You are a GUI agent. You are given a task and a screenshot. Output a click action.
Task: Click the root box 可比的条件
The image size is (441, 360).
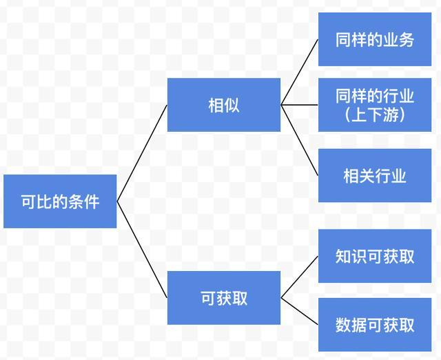[60, 201]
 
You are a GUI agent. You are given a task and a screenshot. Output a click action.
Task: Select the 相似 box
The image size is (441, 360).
[224, 105]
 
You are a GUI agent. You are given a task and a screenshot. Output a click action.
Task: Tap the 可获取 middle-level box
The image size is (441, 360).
[224, 298]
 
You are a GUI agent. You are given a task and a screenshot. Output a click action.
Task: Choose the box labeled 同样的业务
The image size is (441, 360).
[375, 39]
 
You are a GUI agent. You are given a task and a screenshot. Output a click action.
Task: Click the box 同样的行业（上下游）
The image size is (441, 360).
[375, 105]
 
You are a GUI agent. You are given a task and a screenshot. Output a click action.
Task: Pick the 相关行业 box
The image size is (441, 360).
[375, 175]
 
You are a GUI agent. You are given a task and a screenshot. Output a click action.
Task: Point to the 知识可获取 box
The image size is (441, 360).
[375, 256]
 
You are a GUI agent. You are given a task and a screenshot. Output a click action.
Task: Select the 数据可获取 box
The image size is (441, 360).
[375, 325]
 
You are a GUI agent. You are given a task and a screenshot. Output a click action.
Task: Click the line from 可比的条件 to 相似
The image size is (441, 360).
[142, 153]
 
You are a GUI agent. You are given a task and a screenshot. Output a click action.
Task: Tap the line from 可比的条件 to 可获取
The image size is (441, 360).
[142, 250]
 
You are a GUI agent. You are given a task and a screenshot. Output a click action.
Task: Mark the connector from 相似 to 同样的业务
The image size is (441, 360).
[300, 72]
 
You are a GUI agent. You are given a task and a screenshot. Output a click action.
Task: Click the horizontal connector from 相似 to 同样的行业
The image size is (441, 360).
[300, 105]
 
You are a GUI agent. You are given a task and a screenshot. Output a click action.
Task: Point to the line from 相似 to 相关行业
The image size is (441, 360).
[300, 140]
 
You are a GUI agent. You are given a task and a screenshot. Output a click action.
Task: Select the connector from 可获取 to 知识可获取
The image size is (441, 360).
[300, 277]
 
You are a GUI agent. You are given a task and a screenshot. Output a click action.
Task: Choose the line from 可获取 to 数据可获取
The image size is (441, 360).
[300, 311]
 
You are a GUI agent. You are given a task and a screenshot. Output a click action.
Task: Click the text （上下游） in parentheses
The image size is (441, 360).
[375, 114]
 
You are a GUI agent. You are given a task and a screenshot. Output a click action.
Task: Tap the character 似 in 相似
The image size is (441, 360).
[232, 106]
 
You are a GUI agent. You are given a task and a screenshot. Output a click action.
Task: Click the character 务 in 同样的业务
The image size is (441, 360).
[407, 40]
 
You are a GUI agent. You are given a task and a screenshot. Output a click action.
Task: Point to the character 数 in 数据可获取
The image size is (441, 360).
[343, 325]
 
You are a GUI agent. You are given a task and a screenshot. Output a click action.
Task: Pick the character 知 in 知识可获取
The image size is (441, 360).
[343, 257]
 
